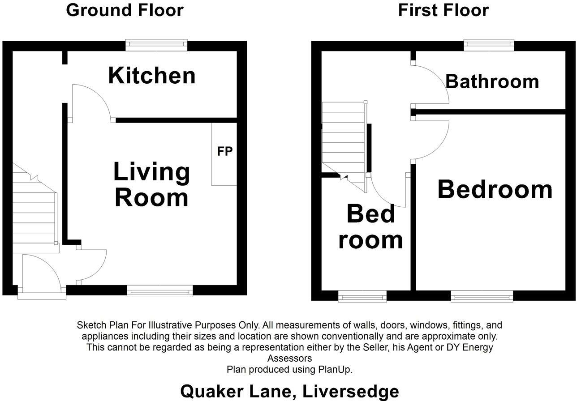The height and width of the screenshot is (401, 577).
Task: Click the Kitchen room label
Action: (x=152, y=76)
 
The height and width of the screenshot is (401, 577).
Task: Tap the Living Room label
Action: (x=151, y=184)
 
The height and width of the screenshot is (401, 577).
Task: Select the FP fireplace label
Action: (x=225, y=151)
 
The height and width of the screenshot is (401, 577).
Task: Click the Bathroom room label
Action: (x=492, y=81)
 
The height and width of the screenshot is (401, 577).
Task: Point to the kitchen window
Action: (x=156, y=43)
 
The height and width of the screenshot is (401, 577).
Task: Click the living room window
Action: (x=160, y=291)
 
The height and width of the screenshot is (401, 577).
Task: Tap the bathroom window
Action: (x=488, y=43)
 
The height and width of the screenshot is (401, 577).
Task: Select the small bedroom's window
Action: (x=362, y=296)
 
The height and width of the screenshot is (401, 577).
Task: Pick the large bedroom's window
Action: (x=482, y=296)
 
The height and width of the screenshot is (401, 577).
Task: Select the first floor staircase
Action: (x=344, y=139)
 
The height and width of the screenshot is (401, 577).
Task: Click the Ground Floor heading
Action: (x=125, y=10)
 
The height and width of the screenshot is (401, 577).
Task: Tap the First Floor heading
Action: (x=443, y=10)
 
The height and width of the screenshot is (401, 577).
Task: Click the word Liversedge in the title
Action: (x=351, y=391)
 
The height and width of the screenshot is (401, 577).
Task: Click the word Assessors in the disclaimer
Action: (x=289, y=358)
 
